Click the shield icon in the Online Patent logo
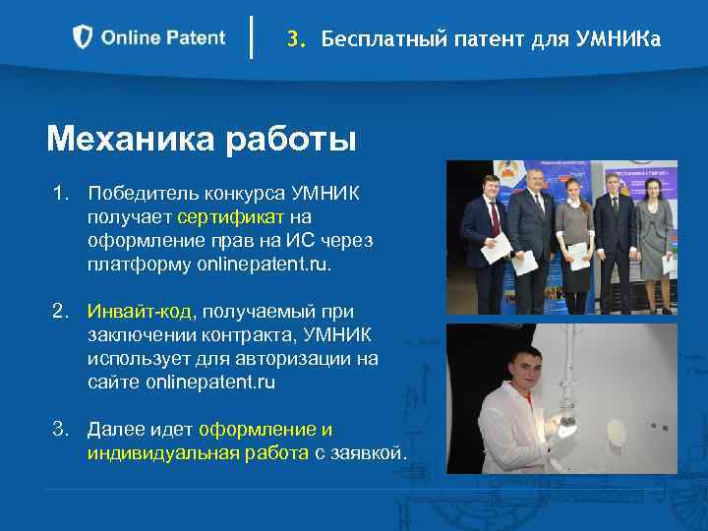84,37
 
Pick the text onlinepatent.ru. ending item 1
265,265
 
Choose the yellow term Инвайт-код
142,313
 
